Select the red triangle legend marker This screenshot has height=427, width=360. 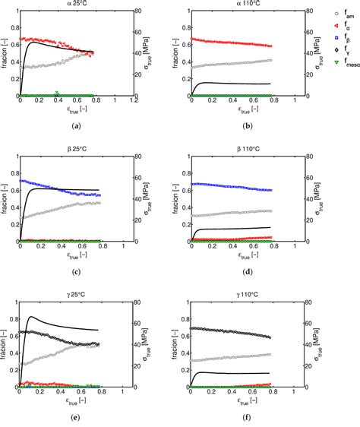[335, 25]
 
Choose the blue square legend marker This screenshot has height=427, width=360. [335, 36]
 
